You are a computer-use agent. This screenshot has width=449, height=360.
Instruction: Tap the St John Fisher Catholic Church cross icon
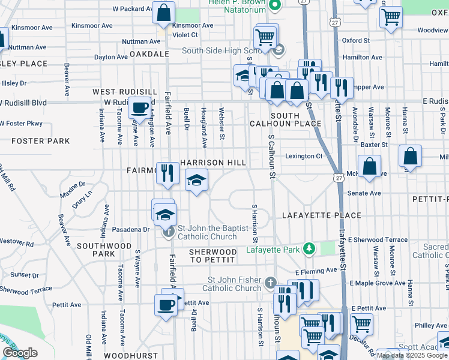(271, 282)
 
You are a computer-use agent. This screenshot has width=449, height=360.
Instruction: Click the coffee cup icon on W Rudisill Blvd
(139, 107)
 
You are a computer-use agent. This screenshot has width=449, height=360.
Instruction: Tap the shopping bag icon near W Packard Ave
(163, 12)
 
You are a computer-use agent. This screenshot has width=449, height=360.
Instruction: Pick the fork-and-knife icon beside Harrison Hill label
(167, 173)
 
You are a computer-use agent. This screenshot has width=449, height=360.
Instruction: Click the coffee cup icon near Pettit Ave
(166, 304)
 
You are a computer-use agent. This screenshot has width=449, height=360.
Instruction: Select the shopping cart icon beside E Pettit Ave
(362, 324)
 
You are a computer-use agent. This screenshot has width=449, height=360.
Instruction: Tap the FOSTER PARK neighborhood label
(40, 142)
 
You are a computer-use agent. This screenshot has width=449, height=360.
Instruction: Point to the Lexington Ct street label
(304, 156)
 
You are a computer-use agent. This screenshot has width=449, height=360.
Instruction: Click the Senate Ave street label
(364, 193)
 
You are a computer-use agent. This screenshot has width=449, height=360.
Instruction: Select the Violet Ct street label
(185, 35)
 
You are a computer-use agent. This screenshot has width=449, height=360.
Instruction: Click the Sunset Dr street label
(25, 275)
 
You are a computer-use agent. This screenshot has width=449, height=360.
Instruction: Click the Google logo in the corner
(20, 353)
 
